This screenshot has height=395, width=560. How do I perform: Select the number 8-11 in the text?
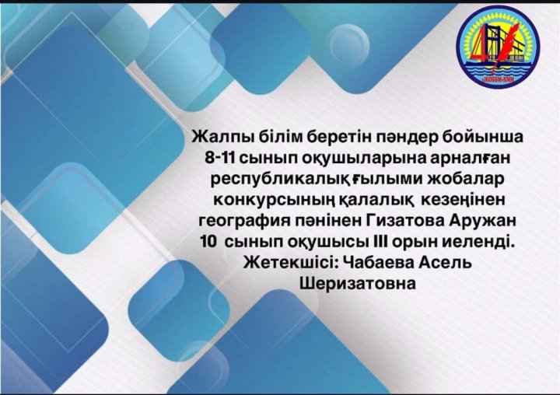(x=219, y=158)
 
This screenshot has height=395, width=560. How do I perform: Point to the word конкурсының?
(x=274, y=201)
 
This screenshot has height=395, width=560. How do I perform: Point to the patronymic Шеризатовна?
(x=359, y=284)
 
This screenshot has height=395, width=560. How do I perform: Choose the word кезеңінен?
(x=464, y=201)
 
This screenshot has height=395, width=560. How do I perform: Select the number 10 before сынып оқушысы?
(x=208, y=242)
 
